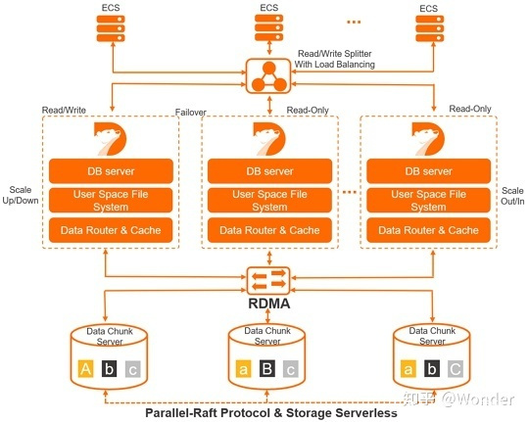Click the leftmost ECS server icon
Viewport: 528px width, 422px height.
[x=111, y=28]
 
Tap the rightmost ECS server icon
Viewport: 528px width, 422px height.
[x=429, y=28]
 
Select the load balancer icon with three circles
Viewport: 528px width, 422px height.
[x=268, y=76]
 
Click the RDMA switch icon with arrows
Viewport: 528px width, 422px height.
[x=268, y=281]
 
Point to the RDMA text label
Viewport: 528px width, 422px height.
[x=268, y=304]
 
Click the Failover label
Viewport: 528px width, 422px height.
[x=191, y=113]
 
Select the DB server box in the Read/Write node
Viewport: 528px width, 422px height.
[x=111, y=171]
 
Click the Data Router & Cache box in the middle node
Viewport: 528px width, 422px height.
[x=269, y=230]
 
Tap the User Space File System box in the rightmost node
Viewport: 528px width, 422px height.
[x=428, y=201]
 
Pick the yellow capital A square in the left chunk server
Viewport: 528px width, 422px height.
[x=85, y=369]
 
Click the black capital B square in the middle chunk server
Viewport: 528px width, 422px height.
[x=267, y=368]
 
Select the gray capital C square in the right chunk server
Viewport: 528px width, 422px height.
[x=456, y=368]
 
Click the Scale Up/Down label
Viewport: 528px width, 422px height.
[x=21, y=195]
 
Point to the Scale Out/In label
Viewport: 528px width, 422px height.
[x=512, y=196]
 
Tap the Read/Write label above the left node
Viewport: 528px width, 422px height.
[x=64, y=110]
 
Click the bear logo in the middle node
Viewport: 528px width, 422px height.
[x=269, y=139]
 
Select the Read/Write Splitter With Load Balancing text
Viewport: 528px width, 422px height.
[x=335, y=59]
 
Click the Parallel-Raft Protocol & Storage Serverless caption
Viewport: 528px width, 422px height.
[x=271, y=412]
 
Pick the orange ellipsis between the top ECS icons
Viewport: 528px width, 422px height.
[x=354, y=23]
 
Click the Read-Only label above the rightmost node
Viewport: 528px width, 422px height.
[x=470, y=109]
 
